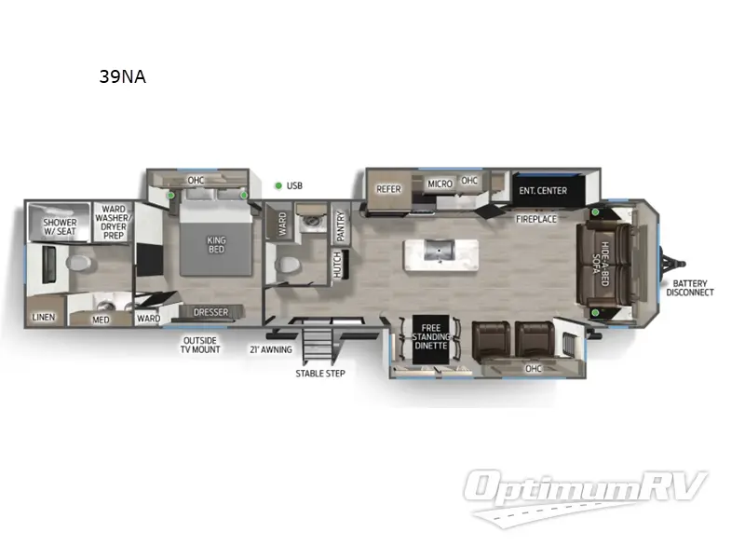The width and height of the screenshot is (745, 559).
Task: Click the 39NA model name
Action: [122, 77]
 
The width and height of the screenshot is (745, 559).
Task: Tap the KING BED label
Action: [216, 244]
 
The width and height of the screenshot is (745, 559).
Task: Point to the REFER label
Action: [388, 188]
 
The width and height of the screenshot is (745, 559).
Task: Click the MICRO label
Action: [440, 184]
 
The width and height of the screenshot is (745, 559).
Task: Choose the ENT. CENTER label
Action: [543, 191]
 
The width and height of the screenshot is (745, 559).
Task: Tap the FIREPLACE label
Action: [537, 219]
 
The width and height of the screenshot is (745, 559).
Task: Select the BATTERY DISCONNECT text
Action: [689, 288]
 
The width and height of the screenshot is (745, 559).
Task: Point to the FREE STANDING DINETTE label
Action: [430, 335]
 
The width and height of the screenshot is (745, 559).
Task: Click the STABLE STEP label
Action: [319, 373]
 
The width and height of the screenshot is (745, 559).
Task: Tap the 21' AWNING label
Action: [270, 349]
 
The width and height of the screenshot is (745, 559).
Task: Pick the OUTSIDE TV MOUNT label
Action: [201, 344]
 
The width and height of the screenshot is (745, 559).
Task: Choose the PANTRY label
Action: [341, 226]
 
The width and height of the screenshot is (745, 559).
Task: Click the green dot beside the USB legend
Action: [278, 185]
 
